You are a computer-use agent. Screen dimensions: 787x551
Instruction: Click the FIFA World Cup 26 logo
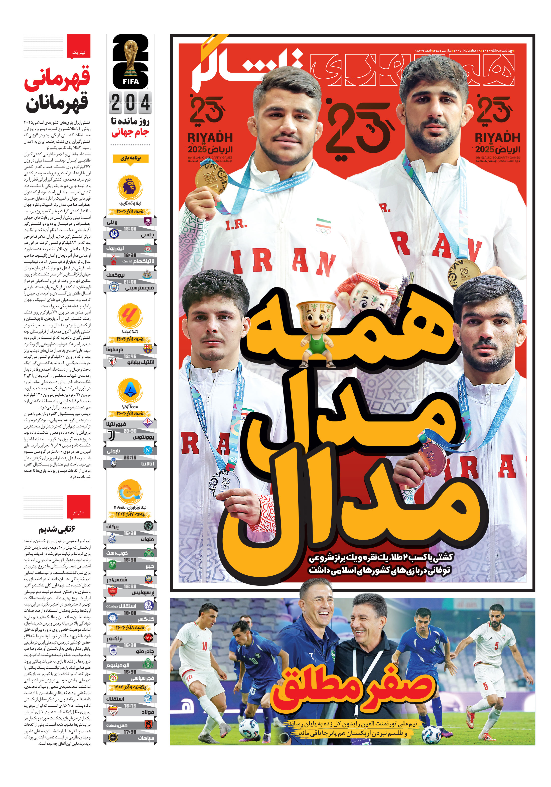coord(130,62)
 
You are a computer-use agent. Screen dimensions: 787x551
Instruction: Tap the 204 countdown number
coord(130,102)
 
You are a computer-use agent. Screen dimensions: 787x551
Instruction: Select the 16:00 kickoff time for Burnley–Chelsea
coord(130,228)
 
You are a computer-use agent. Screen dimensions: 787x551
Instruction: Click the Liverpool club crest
coord(148,248)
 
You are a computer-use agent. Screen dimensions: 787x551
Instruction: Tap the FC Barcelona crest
coord(148,349)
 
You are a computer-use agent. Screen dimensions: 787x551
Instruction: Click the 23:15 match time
coord(130,457)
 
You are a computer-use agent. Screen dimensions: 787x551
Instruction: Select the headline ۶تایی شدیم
coord(57,530)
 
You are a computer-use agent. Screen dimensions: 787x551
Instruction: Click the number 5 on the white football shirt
coord(496,646)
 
